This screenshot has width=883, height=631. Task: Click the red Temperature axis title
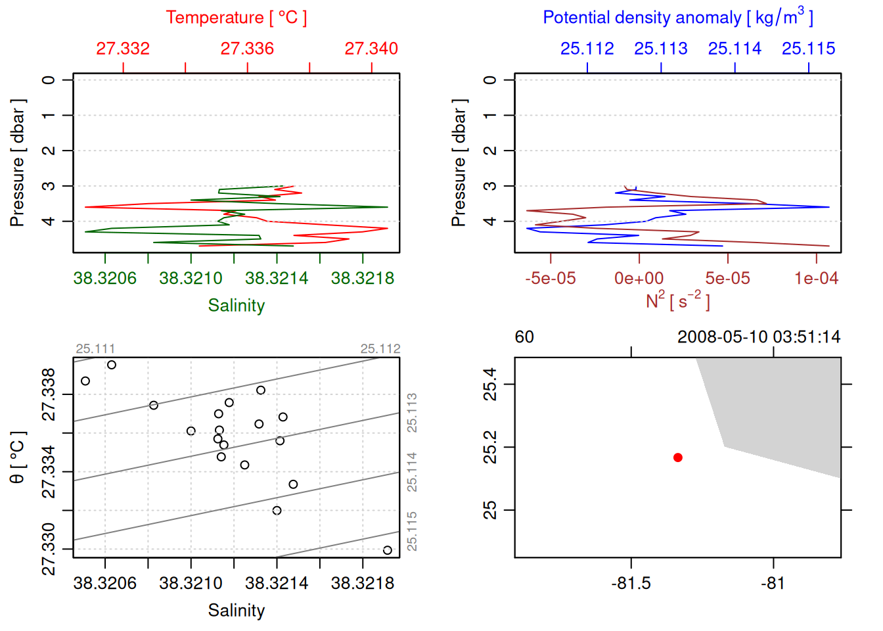(x=237, y=18)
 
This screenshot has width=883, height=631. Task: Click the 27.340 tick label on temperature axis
(x=371, y=49)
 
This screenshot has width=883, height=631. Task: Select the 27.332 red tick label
(x=123, y=49)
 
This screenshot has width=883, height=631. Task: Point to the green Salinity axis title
(x=237, y=306)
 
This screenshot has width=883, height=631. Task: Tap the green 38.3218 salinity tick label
(x=363, y=279)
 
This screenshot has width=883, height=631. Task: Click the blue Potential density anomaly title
(x=678, y=18)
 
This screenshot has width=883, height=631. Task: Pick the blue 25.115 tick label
(x=808, y=49)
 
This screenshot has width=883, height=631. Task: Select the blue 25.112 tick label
(x=587, y=49)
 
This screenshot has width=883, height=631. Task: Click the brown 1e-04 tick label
(x=816, y=279)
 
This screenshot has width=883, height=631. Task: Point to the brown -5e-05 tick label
(x=551, y=279)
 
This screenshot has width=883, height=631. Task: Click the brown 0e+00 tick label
(x=639, y=279)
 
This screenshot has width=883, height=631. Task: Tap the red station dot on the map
(x=678, y=457)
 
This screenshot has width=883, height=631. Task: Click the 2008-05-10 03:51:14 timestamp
(x=759, y=337)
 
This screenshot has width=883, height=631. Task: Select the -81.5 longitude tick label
(x=631, y=584)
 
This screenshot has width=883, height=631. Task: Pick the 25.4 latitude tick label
(x=490, y=385)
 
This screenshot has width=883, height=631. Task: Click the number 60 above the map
(x=524, y=337)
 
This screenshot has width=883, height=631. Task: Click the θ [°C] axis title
(x=18, y=457)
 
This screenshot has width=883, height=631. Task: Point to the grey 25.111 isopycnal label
(x=95, y=349)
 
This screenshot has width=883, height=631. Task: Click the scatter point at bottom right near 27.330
(x=388, y=550)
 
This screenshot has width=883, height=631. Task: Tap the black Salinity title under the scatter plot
(x=237, y=611)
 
